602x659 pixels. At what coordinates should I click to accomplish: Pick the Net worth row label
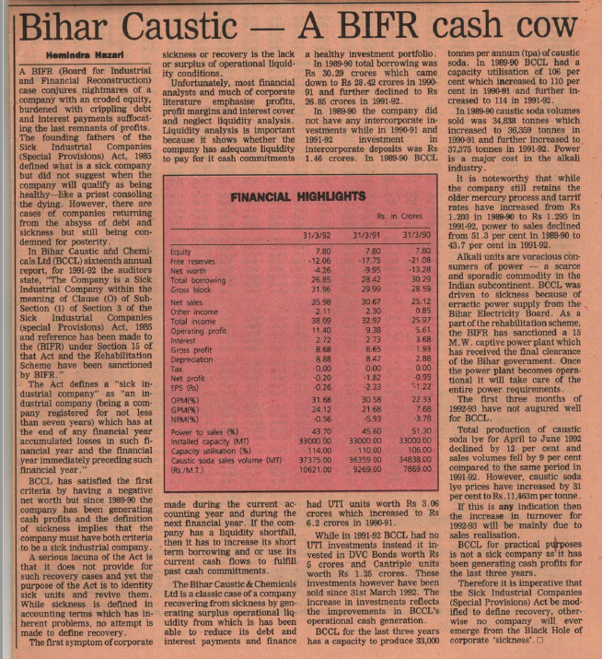click(189, 270)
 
